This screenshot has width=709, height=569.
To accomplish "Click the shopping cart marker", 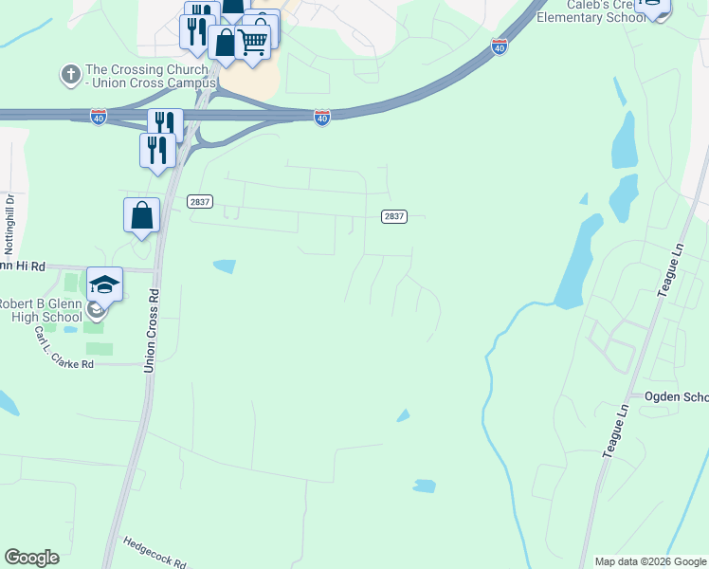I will pyautogui.click(x=252, y=41).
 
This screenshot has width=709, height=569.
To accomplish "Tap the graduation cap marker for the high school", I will pyautogui.click(x=104, y=284).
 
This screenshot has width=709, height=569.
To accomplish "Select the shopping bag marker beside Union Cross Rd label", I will pyautogui.click(x=141, y=214).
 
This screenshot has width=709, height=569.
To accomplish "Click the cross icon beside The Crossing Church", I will pyautogui.click(x=70, y=74).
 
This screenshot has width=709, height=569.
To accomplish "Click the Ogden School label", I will pyautogui.click(x=676, y=396).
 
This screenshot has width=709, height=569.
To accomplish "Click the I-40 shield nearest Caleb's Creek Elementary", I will pyautogui.click(x=500, y=46).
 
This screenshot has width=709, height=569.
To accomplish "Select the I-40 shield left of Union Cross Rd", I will pyautogui.click(x=99, y=116).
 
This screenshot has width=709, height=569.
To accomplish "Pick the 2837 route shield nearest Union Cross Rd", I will pyautogui.click(x=200, y=201).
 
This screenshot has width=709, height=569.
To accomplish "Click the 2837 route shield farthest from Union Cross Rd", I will pyautogui.click(x=394, y=216).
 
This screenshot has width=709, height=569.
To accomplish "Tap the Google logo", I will pyautogui.click(x=31, y=558).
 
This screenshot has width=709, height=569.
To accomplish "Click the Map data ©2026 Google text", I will pyautogui.click(x=650, y=561).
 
